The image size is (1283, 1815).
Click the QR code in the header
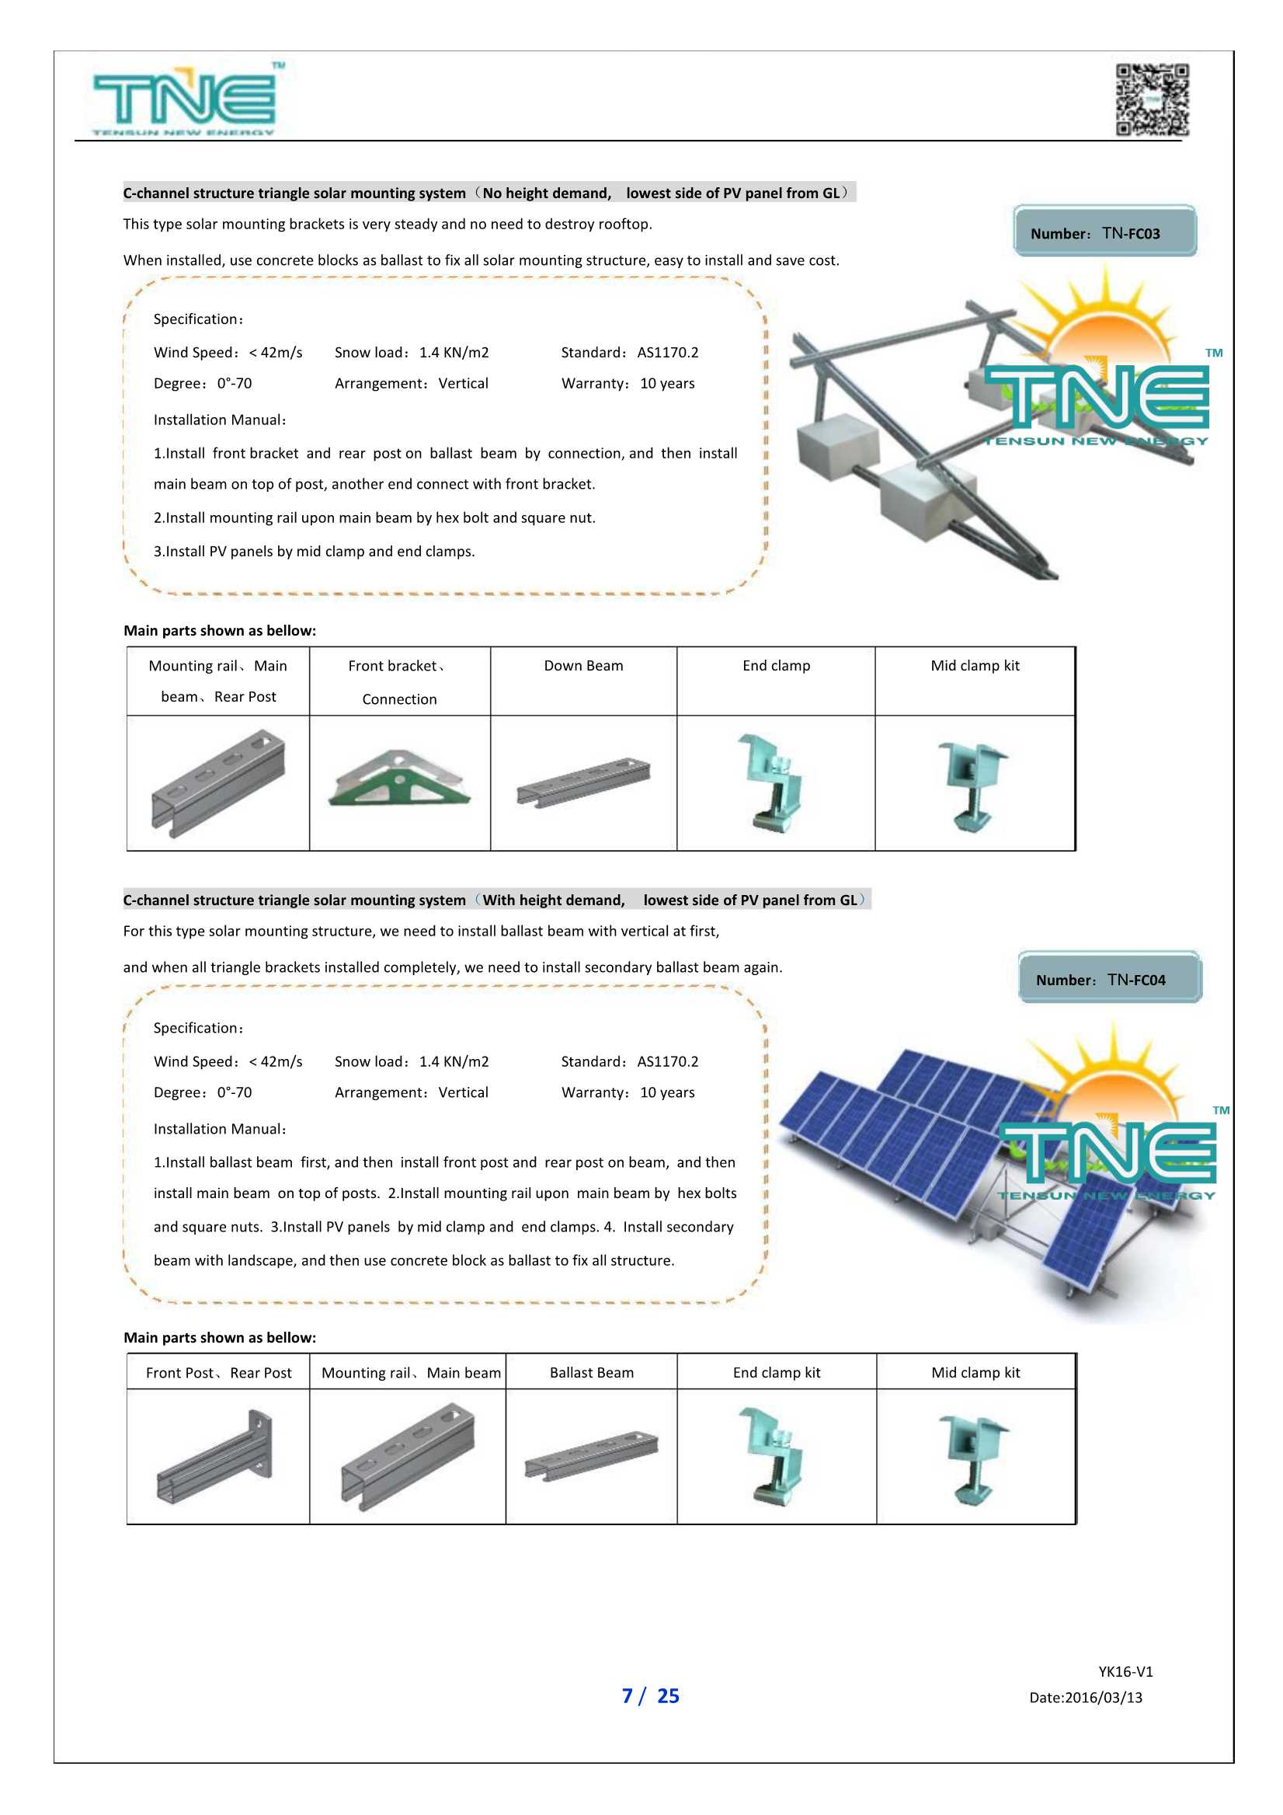(x=1152, y=99)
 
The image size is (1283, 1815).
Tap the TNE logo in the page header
(x=186, y=99)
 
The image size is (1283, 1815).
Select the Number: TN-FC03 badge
(x=1104, y=232)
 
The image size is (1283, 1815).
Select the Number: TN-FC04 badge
(x=1109, y=978)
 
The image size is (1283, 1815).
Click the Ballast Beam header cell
(x=591, y=1372)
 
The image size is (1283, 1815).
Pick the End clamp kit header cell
(x=776, y=1372)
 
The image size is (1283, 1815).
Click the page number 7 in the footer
(x=628, y=1695)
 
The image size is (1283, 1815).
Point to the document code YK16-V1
(x=1125, y=1670)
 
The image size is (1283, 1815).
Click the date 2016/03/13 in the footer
(x=1086, y=1696)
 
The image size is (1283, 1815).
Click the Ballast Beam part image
(x=591, y=1454)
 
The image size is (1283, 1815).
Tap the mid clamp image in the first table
(x=974, y=785)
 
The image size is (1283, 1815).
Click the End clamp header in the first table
(x=776, y=666)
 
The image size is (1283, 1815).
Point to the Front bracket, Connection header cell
(x=399, y=681)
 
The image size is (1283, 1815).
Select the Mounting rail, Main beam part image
(x=408, y=1456)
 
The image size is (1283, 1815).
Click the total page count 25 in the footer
(x=668, y=1695)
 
